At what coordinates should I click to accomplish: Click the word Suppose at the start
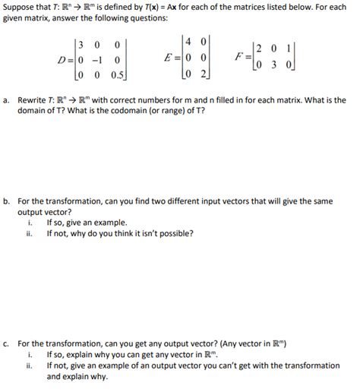click(x=19, y=6)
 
